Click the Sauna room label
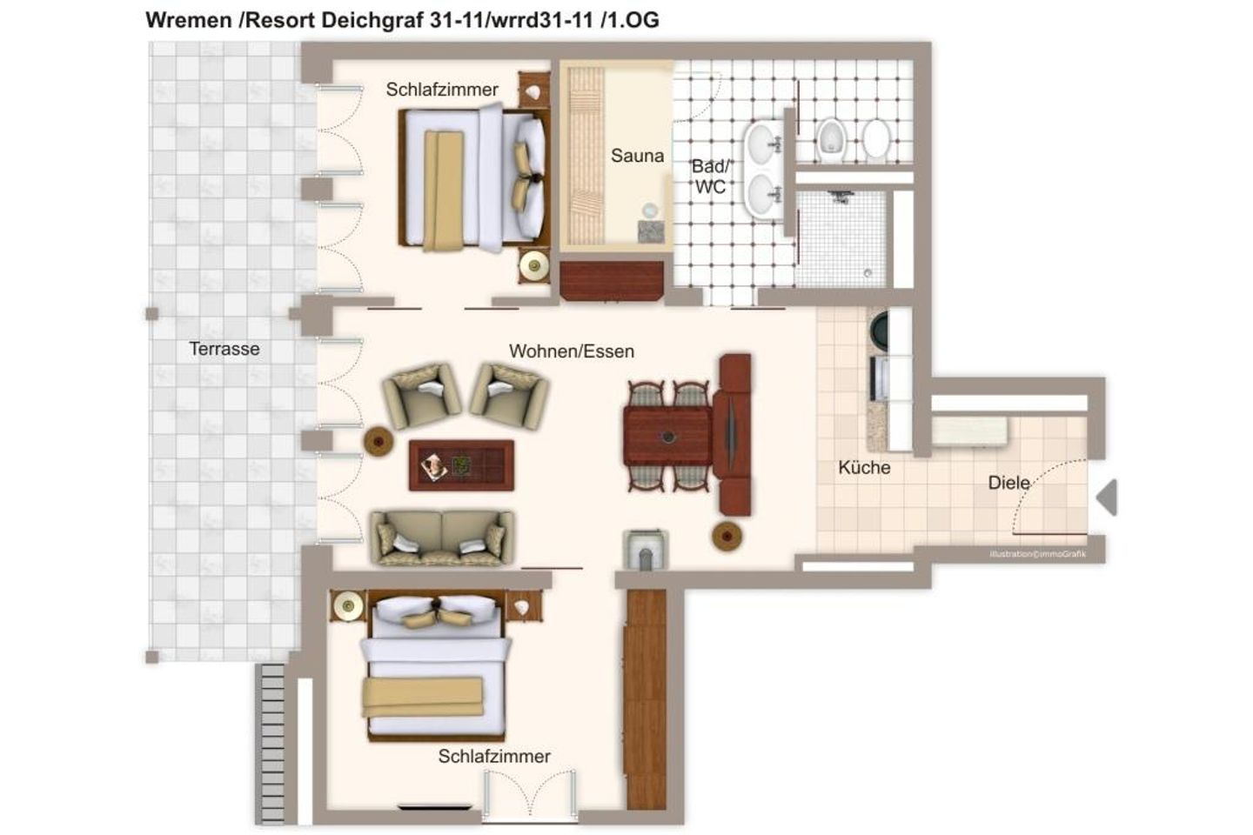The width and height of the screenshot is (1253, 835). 637,156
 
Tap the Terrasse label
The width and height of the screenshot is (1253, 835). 224,349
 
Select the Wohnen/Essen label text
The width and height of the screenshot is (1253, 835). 572,351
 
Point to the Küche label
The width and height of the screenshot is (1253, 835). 864,467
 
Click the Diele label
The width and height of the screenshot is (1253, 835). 1008,483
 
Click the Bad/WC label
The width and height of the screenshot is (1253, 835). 710,177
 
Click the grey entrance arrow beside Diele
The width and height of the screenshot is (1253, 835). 1107,497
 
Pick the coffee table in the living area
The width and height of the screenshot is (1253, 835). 461,465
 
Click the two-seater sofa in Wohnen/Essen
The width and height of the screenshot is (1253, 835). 442,537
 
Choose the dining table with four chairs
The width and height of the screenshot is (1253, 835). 668,437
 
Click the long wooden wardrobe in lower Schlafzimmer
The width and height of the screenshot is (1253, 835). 646,699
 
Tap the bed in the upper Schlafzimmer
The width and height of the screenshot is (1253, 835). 472,177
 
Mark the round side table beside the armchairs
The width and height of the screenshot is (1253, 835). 379,441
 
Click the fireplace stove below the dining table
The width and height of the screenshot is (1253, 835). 645,551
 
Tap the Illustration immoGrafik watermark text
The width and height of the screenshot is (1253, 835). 1037,554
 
